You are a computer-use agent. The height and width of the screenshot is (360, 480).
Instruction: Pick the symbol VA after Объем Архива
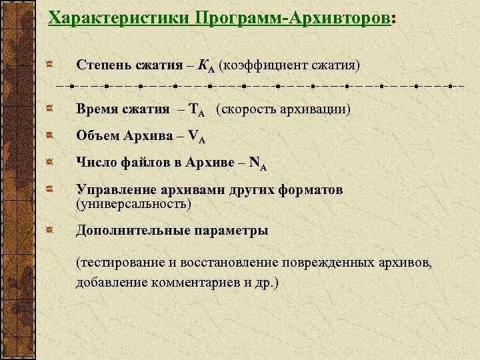tap(197, 137)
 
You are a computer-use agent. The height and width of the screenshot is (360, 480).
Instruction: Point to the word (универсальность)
tap(133, 203)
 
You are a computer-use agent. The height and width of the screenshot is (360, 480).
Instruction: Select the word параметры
tap(231, 231)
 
